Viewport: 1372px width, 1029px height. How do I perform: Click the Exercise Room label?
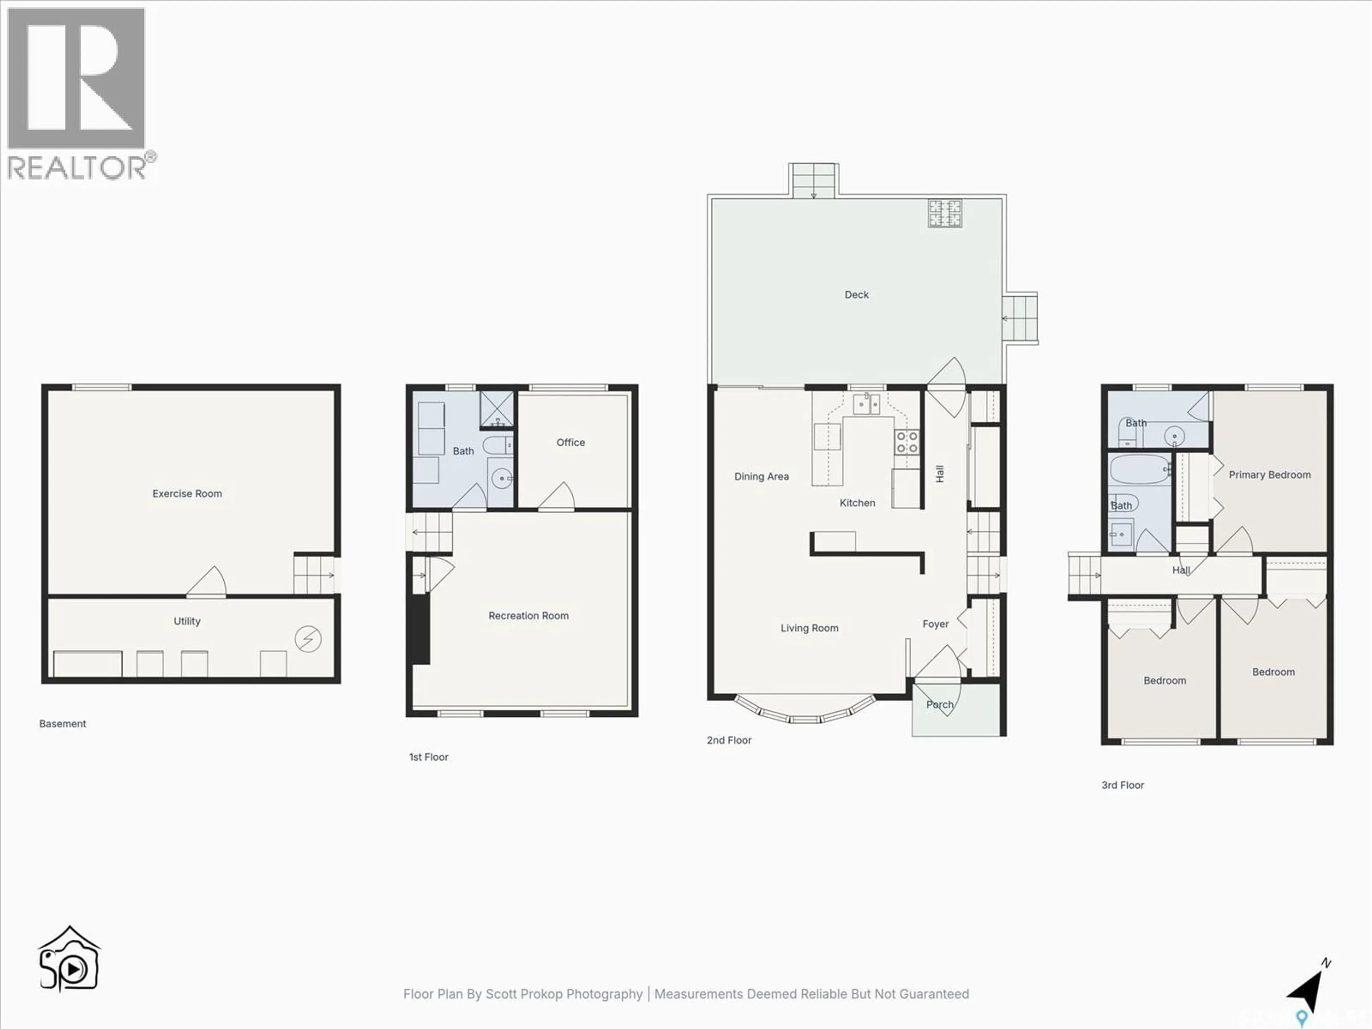pyautogui.click(x=187, y=494)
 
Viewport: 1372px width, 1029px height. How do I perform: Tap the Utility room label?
pyautogui.click(x=187, y=621)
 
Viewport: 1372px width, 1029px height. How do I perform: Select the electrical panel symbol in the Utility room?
pyautogui.click(x=308, y=639)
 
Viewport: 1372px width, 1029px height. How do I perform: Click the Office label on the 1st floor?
pyautogui.click(x=570, y=442)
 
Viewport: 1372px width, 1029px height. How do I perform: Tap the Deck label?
pyautogui.click(x=856, y=295)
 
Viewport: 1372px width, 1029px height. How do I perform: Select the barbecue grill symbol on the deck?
pyautogui.click(x=945, y=213)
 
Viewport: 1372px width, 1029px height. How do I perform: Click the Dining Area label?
pyautogui.click(x=761, y=476)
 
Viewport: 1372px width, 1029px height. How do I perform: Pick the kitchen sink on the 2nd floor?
pyautogui.click(x=866, y=404)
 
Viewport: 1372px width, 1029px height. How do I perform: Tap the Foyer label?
pyautogui.click(x=935, y=624)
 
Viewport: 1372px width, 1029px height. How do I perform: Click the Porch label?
pyautogui.click(x=939, y=705)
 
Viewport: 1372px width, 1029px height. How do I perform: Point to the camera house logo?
pyautogui.click(x=69, y=960)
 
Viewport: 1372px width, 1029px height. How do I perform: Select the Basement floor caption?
pyautogui.click(x=63, y=724)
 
